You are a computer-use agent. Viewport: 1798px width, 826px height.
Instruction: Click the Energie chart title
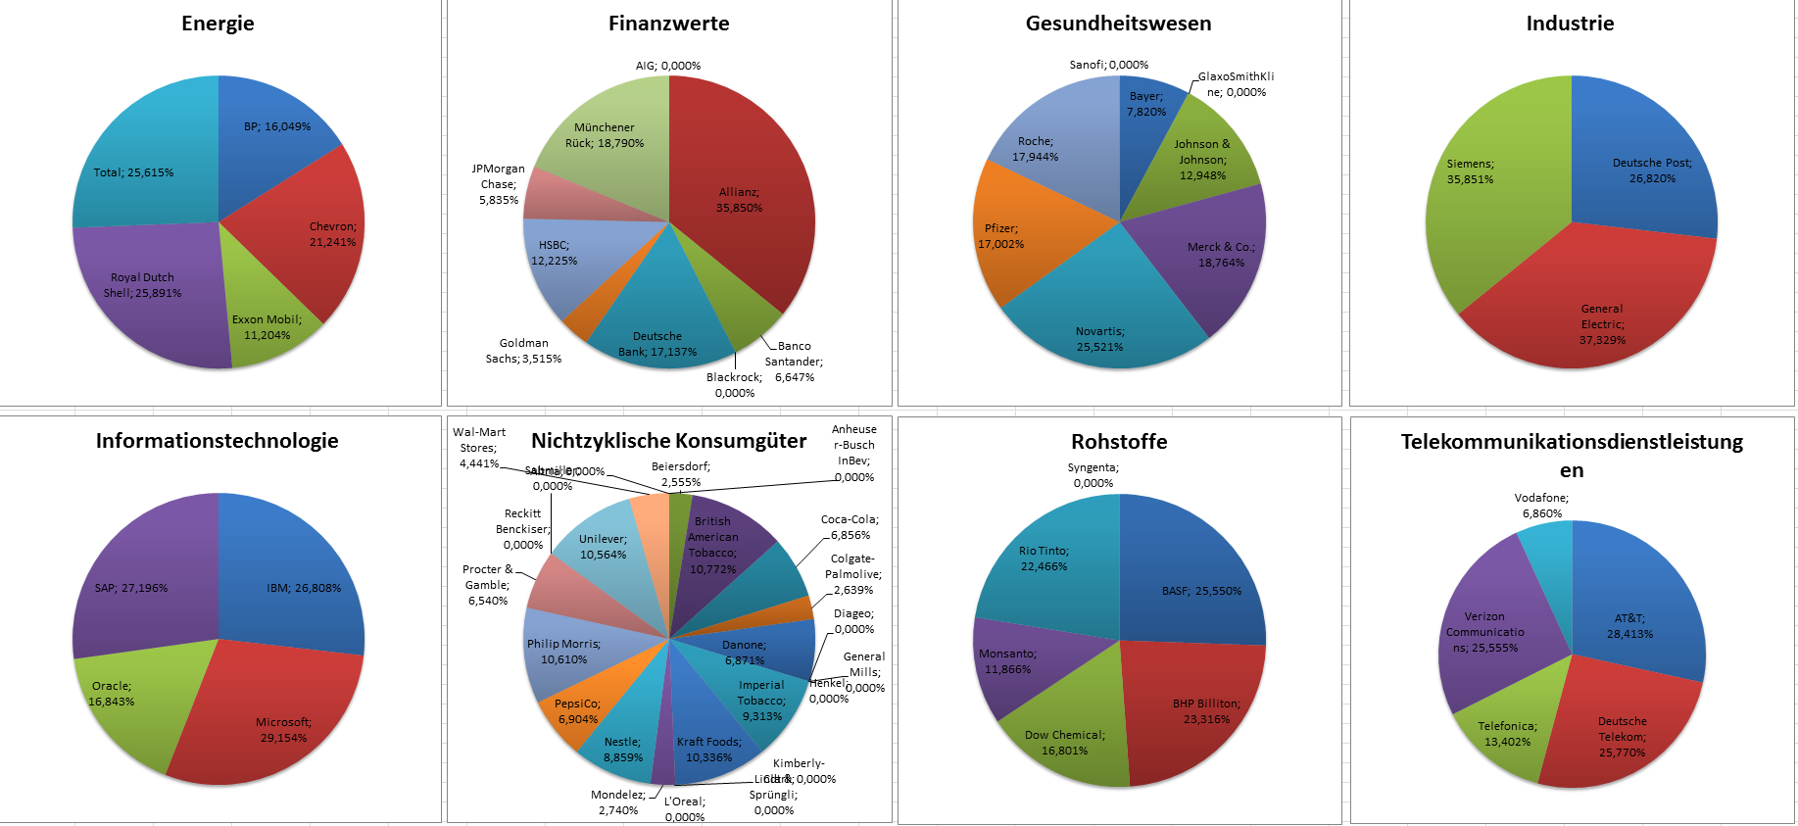point(218,24)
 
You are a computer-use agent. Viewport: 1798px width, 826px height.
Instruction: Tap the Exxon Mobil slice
point(265,314)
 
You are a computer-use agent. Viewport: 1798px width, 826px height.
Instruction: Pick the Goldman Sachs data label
point(523,351)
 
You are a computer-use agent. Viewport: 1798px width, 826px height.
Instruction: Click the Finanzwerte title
point(668,24)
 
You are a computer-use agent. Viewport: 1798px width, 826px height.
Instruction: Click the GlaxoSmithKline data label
point(1236,84)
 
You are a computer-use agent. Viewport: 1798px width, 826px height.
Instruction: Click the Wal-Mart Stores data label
point(479,448)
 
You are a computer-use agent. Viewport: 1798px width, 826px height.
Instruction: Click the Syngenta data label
point(1093,475)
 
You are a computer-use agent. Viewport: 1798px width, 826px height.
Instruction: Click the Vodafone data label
point(1541,506)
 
